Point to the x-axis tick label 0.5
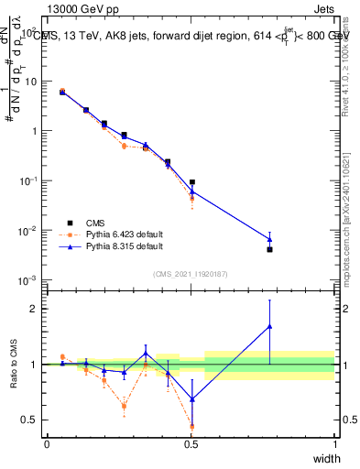[191, 444]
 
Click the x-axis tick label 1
[334, 444]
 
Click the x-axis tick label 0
[47, 444]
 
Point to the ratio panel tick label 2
[35, 309]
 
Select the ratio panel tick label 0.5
[30, 420]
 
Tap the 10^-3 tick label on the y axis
[28, 279]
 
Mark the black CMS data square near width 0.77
[269, 249]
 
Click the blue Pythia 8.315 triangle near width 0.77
[269, 239]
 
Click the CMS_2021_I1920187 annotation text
[191, 274]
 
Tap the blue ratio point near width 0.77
[269, 326]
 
